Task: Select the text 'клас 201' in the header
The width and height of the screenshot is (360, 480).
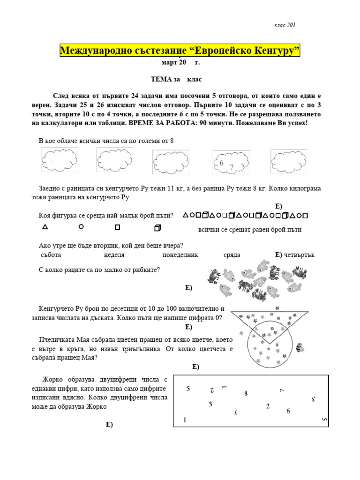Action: pos(285,25)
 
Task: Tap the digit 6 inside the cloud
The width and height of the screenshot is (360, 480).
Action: pos(221,163)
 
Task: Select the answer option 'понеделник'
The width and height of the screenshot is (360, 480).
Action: pos(180,255)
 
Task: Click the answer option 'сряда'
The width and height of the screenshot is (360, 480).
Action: pos(232,255)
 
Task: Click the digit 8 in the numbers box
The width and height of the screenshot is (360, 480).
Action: pos(246,393)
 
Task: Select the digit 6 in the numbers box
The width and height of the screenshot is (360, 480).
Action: pos(288,411)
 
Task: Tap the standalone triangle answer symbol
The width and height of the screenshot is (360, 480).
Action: pos(45,227)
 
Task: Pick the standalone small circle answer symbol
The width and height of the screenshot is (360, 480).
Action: pos(81,227)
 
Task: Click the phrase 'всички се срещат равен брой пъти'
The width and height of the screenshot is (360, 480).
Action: pos(250,230)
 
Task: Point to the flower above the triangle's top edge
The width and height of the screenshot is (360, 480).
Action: pos(277,308)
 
